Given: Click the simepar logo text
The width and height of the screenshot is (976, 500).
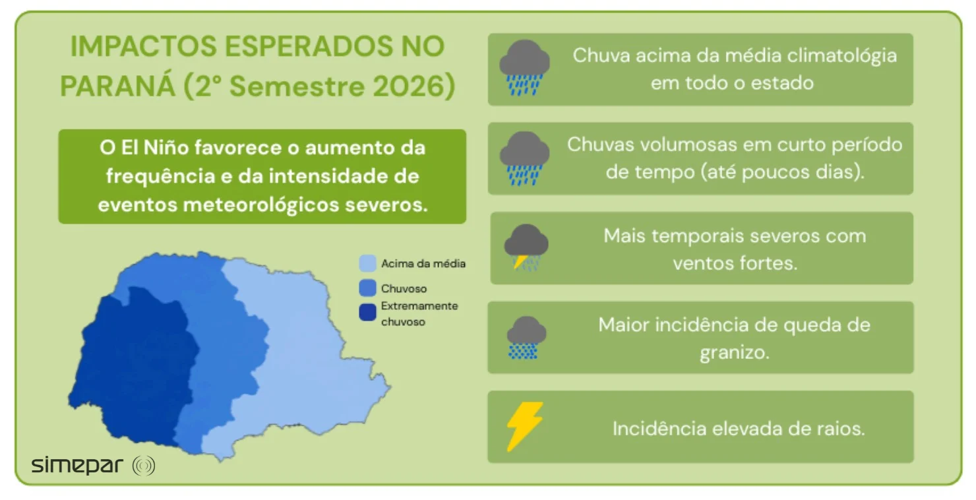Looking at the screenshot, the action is [x=76, y=466].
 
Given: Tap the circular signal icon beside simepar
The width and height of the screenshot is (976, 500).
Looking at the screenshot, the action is [x=144, y=466].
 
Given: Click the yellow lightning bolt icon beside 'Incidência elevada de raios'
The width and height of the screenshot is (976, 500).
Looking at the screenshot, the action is [x=525, y=426].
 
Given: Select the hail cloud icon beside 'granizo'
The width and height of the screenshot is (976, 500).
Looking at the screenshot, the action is [x=526, y=338].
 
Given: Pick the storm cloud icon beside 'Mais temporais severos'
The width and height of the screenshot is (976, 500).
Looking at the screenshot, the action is [x=526, y=247].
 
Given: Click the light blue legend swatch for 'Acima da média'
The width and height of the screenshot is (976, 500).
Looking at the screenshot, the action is [x=367, y=263].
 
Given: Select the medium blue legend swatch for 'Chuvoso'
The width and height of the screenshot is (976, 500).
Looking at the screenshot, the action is [x=367, y=288].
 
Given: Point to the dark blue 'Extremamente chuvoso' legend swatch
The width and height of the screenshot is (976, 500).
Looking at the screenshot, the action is [x=367, y=313].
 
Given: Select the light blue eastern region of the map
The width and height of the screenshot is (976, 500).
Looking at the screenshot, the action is [x=305, y=358].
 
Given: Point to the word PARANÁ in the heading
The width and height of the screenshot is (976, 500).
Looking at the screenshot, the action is [x=117, y=86].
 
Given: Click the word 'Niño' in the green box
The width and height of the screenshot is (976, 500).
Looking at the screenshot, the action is [x=166, y=147].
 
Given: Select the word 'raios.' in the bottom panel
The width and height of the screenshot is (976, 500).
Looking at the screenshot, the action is [x=841, y=429].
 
